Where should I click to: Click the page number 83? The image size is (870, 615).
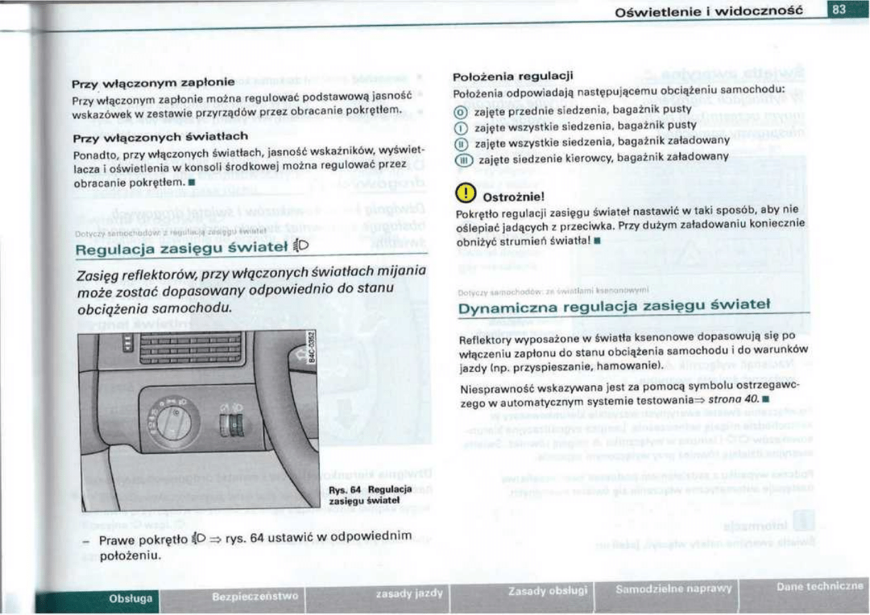coord(838,10)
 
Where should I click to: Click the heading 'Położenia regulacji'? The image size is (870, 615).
coord(512,76)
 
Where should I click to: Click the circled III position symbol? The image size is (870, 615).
coord(462,157)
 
